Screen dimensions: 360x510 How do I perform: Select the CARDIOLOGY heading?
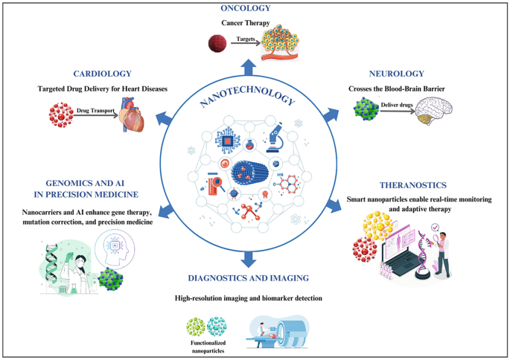point(103,74)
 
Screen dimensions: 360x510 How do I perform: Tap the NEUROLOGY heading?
point(396,74)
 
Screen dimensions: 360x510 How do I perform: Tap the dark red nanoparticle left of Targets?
point(216,44)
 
